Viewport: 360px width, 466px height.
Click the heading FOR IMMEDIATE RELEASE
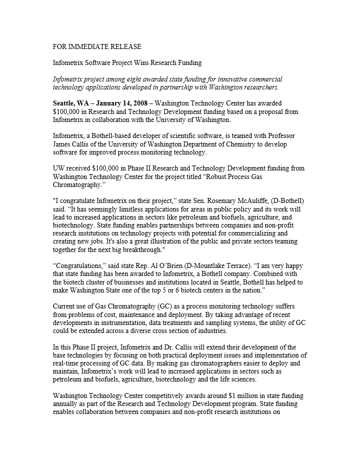(x=97, y=46)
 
